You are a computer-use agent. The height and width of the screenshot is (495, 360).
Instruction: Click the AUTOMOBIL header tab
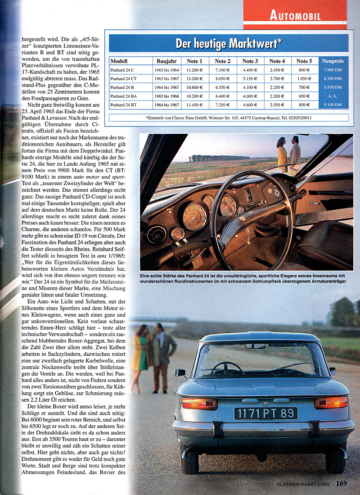pyautogui.click(x=295, y=16)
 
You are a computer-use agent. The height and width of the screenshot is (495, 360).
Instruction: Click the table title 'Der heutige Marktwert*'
pyautogui.click(x=229, y=44)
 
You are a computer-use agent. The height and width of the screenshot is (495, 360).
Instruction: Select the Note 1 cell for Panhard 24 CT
pyautogui.click(x=195, y=78)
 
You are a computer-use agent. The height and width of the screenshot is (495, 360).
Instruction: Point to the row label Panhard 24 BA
pyautogui.click(x=125, y=95)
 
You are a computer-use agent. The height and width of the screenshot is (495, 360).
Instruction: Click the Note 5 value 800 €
pyautogui.click(x=304, y=70)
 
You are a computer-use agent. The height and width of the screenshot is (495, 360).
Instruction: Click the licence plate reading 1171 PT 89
pyautogui.click(x=265, y=413)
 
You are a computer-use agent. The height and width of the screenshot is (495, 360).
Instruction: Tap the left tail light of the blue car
pyautogui.click(x=199, y=403)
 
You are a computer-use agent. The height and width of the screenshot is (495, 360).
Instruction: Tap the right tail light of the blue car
pyautogui.click(x=331, y=402)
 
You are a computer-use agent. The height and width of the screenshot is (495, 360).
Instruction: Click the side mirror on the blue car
pyautogui.click(x=180, y=372)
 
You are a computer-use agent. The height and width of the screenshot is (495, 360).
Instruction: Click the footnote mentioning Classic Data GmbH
pyautogui.click(x=228, y=118)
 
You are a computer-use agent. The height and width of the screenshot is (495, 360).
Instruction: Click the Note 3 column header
pyautogui.click(x=250, y=61)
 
